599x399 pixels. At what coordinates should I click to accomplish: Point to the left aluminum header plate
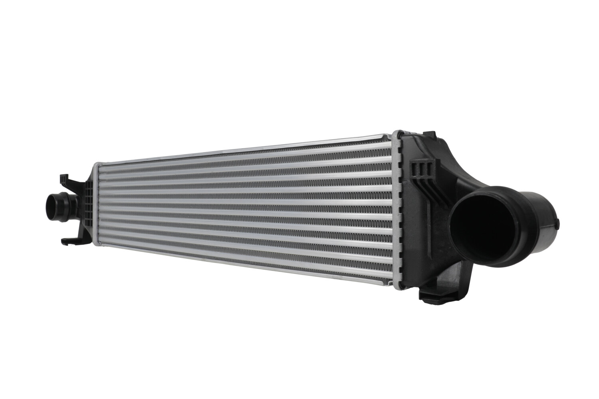(95, 207)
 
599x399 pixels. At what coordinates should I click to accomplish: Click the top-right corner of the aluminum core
(393, 134)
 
